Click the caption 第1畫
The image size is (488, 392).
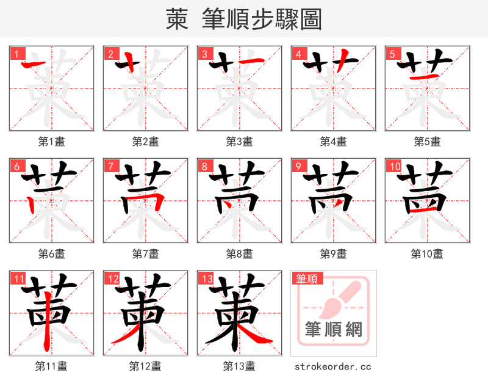click(51, 141)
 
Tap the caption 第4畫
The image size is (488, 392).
click(333, 141)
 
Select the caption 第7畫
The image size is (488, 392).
click(145, 253)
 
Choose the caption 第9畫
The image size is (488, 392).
click(333, 253)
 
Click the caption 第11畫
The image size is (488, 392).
click(51, 366)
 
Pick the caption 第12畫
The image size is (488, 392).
click(145, 366)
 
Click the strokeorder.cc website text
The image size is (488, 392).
click(333, 366)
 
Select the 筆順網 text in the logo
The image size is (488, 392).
click(334, 330)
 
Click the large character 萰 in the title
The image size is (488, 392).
click(177, 20)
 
